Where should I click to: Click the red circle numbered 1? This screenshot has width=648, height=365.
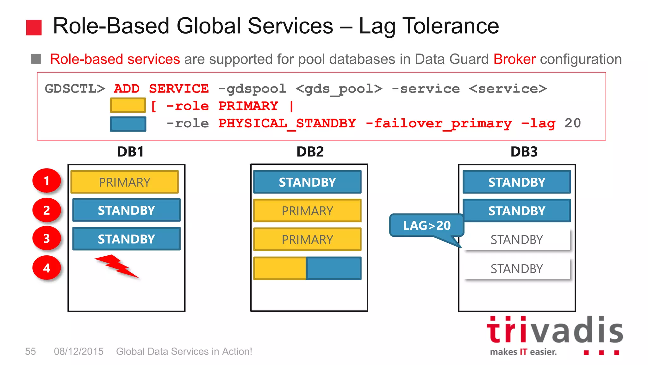pos(47,181)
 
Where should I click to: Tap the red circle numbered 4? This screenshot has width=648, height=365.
pos(47,268)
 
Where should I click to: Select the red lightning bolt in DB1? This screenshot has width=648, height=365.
pos(116,266)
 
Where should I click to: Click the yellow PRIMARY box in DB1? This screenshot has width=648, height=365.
pos(124,182)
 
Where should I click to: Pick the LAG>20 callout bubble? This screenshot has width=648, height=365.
pos(427,225)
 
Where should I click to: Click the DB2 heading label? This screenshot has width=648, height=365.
pos(310,152)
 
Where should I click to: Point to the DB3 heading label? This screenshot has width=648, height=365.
pos(524,152)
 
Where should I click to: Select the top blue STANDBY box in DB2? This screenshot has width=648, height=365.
pos(307,182)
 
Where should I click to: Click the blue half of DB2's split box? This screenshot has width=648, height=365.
pos(334,268)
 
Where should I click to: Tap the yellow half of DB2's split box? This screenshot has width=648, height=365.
pos(280,268)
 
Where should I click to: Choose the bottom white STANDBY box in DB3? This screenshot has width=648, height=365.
pos(516,269)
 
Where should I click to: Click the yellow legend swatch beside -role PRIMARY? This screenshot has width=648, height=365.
pos(128,105)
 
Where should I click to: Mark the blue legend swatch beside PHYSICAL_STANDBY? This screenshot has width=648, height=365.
pos(128,124)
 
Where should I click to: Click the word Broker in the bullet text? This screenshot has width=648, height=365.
pos(514,59)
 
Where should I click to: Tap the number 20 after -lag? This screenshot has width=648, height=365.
pos(572,123)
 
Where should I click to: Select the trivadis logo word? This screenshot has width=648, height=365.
pos(554,331)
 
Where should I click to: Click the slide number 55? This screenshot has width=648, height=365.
pos(30,351)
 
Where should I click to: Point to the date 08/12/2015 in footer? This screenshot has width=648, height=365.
pos(78,351)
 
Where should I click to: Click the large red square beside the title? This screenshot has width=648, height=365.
pos(34,28)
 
